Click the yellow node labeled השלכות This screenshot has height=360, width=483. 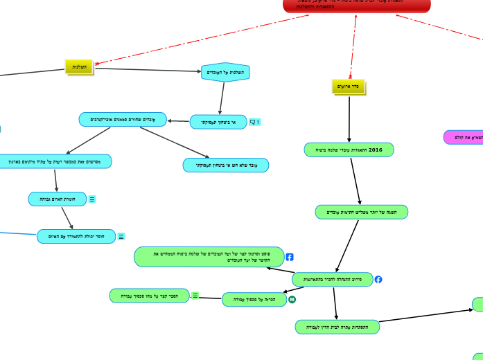pos(79,66)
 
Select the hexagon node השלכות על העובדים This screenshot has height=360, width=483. pos(225,72)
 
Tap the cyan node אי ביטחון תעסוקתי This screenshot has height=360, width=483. pos(218,123)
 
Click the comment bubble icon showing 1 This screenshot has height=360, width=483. pos(254,123)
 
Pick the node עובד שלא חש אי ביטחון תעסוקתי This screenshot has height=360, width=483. pos(226,165)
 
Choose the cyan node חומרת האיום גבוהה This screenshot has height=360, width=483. pos(58,199)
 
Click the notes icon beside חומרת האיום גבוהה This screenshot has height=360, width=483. pos(92,199)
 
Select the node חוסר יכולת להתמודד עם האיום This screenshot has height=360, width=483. pos(76,237)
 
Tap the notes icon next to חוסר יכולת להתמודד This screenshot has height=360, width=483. pos(121,237)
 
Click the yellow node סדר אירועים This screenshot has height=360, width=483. pos(348,87)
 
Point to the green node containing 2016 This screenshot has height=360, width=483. pos(349,150)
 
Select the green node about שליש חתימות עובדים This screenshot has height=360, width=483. pos(361,212)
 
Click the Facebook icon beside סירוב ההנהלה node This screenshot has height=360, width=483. pos(378,280)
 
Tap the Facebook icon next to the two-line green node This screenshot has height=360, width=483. pos(290,257)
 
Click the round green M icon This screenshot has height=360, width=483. pos(292,299)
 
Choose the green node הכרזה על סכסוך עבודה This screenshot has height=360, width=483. pos(254,300)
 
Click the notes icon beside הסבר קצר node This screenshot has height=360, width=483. pos(195,296)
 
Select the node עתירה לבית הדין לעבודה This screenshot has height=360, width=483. pos(337,327)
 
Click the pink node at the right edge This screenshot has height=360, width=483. pos(464,137)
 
